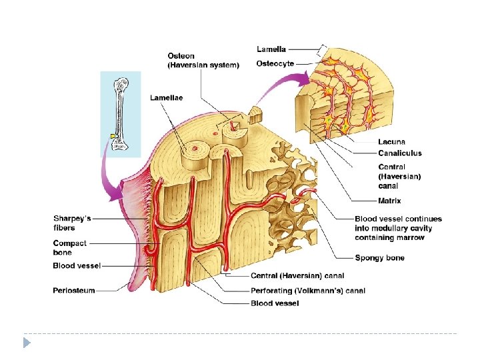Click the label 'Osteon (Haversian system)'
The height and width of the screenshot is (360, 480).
(203, 60)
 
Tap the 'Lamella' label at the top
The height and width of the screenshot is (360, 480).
(272, 49)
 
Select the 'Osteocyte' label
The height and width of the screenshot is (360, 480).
(275, 64)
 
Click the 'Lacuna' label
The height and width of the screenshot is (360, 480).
(391, 142)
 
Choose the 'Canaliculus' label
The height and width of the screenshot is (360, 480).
(400, 153)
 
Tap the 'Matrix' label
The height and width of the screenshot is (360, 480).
(389, 200)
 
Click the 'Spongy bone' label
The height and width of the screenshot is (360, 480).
(379, 258)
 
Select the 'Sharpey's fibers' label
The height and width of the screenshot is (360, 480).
(72, 223)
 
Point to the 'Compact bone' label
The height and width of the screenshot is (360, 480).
(70, 247)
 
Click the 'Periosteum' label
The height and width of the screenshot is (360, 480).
(74, 290)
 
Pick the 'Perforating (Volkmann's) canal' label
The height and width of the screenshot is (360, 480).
(299, 290)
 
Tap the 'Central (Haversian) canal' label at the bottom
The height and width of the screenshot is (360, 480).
(297, 275)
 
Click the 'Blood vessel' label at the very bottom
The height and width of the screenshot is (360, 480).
(275, 303)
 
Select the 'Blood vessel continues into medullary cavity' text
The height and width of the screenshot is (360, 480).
(398, 228)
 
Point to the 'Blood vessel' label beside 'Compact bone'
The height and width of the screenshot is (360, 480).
(77, 266)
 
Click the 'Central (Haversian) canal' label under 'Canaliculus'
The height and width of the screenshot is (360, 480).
(399, 176)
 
